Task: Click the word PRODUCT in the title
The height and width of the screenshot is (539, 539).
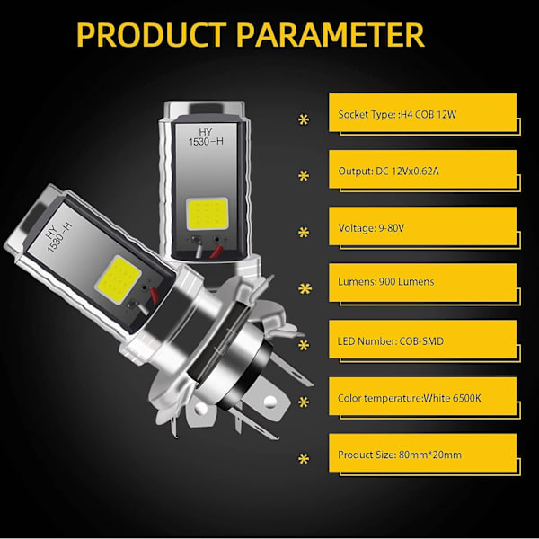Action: (151, 35)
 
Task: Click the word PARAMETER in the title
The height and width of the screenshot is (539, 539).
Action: (331, 35)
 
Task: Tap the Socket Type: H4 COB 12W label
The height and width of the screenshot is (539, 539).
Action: (397, 114)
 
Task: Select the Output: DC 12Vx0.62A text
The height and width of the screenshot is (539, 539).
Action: (388, 171)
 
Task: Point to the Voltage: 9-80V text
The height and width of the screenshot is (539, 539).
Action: (371, 228)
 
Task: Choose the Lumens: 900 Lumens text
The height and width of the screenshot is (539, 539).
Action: (385, 282)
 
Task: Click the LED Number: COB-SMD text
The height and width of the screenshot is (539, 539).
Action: (391, 341)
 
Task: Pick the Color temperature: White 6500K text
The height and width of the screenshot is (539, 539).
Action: (409, 398)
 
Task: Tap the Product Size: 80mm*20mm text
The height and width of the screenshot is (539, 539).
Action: (400, 455)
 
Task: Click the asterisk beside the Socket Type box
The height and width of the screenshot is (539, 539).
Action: (304, 119)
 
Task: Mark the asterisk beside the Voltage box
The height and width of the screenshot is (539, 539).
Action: (304, 233)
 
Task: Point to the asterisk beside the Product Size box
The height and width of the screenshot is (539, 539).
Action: (304, 459)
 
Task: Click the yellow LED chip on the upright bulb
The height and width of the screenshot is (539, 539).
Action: (208, 214)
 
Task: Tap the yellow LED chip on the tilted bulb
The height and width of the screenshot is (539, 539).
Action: (118, 279)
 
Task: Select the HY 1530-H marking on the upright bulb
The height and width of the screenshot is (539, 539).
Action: (206, 137)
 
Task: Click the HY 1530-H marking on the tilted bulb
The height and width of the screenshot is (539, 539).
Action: (58, 237)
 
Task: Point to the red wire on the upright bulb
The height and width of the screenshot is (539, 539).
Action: (216, 252)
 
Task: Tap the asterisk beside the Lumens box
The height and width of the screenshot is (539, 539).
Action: (305, 288)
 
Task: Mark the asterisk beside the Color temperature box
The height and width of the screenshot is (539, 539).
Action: (304, 402)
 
